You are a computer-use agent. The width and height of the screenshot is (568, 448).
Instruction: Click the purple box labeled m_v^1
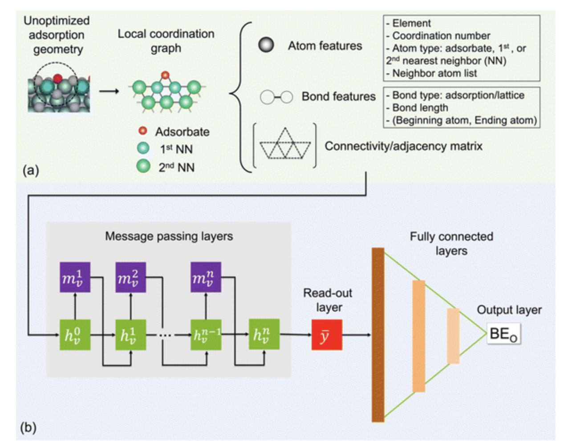75,277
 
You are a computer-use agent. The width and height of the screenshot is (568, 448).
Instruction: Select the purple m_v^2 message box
130,277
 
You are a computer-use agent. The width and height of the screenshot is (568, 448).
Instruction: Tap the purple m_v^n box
206,277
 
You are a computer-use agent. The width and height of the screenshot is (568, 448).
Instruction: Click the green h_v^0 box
75,335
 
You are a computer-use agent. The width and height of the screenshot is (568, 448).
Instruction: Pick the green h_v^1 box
130,335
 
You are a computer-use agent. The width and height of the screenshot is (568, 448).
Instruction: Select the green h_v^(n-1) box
206,335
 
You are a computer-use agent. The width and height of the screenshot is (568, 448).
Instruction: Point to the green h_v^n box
264,335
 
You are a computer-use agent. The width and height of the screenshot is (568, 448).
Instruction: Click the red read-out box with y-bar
327,335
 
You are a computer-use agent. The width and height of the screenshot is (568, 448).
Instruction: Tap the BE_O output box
503,334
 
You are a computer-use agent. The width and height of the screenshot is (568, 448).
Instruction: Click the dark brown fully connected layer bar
378,335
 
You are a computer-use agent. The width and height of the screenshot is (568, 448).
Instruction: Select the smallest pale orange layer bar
453,336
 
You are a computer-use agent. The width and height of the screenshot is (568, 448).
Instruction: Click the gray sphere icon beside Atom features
266,45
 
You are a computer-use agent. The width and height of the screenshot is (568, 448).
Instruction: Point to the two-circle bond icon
276,97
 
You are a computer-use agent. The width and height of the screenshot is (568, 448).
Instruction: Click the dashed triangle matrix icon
285,145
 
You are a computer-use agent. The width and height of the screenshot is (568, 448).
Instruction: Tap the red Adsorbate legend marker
143,131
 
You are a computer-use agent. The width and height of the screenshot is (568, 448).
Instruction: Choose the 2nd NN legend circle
143,166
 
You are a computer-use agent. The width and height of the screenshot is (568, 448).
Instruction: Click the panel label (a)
31,170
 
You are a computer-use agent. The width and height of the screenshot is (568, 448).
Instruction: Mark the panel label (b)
28,427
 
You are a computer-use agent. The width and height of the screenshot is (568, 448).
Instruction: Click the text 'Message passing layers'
169,236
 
